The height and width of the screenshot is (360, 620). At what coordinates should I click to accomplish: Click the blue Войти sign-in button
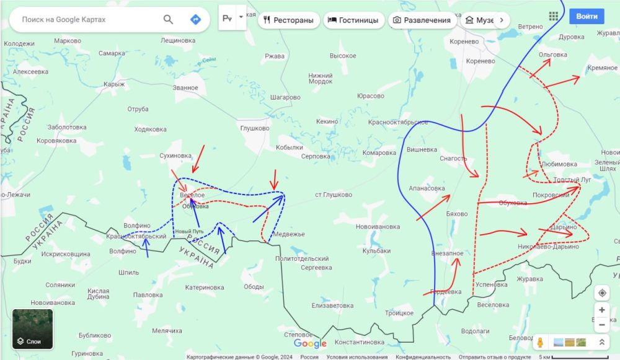point(587,16)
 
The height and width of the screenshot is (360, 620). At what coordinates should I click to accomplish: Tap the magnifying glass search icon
point(168,20)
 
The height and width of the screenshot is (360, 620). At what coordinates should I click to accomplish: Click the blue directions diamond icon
point(195,20)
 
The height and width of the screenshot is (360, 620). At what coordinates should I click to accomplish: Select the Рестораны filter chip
point(289,20)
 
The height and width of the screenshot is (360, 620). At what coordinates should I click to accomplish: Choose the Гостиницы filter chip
point(353,20)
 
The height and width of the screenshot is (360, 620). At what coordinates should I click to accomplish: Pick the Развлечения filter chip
point(422,20)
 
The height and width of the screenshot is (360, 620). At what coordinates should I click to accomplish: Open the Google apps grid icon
point(553,16)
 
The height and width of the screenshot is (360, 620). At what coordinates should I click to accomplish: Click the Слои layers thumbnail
point(33,329)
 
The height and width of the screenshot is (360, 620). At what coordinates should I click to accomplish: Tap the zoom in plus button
point(602,310)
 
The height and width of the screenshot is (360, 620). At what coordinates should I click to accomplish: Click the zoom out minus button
point(602,325)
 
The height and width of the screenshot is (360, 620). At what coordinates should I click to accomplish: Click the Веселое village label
point(192,195)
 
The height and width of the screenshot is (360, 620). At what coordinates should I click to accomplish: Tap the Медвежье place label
point(290,234)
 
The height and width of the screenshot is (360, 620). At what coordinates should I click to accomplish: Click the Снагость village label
point(453,159)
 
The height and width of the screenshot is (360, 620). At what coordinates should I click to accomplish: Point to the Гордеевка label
point(446,292)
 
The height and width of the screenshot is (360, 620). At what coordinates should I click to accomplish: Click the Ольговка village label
point(553,55)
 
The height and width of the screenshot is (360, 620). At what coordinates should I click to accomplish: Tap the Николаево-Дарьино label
point(547,247)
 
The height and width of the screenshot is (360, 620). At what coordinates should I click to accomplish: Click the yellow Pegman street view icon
point(540,342)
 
